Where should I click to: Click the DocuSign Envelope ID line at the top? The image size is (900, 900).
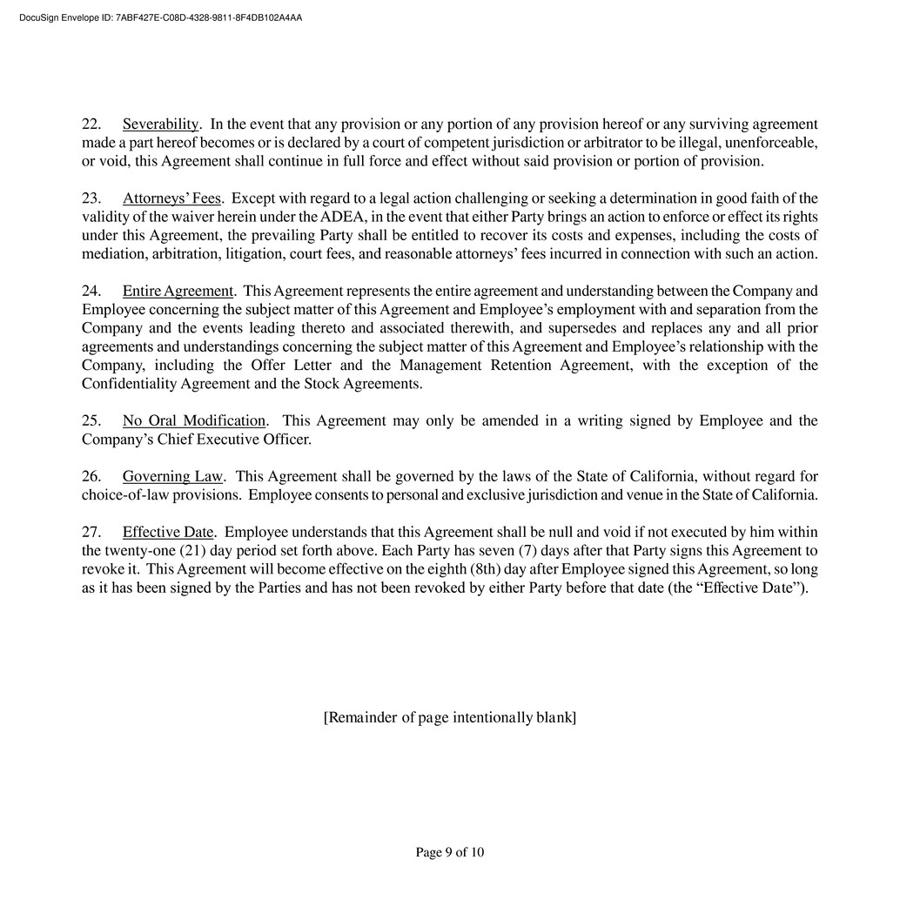[160, 17]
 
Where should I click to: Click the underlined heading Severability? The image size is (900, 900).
[160, 124]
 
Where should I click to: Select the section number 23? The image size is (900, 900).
[91, 198]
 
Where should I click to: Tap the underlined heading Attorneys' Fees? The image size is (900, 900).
[171, 198]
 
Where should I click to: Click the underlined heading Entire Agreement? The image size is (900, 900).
[178, 291]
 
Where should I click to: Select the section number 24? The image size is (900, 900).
[91, 291]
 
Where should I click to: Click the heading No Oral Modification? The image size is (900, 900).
[193, 421]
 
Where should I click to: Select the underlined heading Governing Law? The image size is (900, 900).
[172, 476]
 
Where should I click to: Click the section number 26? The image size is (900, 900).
[91, 476]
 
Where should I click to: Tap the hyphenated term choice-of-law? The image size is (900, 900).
[128, 495]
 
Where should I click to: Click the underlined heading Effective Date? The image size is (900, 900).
[168, 532]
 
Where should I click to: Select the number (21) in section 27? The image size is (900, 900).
[196, 551]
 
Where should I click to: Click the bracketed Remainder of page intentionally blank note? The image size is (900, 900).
[449, 717]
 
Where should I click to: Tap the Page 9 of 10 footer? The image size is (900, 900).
[450, 852]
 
